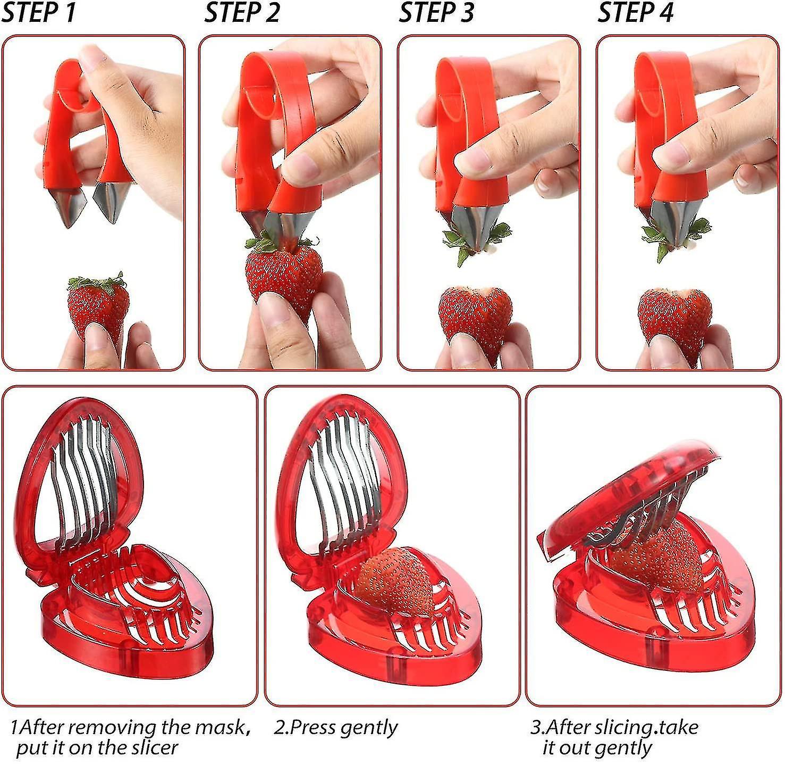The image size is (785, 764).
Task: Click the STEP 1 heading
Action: click(x=38, y=13)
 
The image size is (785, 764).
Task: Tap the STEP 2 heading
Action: click(x=242, y=13)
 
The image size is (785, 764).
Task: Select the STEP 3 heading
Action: click(x=436, y=13)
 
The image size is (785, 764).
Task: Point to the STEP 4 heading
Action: click(x=635, y=13)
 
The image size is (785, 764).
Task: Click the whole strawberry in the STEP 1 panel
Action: click(x=98, y=306)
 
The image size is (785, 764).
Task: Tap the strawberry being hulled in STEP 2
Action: click(x=284, y=279)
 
